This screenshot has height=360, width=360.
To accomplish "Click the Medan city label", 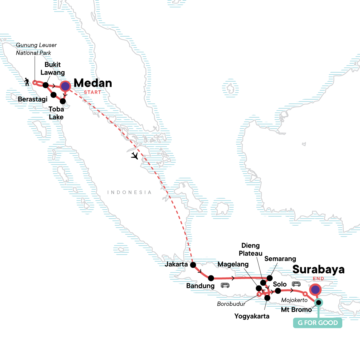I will [x=93, y=83].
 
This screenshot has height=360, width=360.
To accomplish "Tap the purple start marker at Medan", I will [x=65, y=86].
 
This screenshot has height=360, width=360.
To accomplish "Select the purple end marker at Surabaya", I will [x=315, y=290].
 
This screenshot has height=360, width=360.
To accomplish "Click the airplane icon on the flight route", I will [x=135, y=156].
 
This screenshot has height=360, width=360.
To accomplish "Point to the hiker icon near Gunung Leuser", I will [x=27, y=82].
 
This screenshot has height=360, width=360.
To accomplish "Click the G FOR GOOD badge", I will [x=317, y=323].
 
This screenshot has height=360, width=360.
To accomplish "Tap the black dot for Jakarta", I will [x=193, y=265].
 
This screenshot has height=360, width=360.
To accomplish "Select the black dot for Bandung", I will [x=211, y=278].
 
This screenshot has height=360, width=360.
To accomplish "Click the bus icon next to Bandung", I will [x=225, y=285].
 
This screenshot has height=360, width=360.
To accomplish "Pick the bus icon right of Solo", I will [x=296, y=284].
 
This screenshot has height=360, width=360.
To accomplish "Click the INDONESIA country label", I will [x=129, y=192].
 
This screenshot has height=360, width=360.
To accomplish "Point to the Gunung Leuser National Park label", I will [x=36, y=49].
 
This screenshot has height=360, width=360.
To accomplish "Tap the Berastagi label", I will [x=33, y=99].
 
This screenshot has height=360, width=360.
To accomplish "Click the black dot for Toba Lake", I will [x=63, y=101].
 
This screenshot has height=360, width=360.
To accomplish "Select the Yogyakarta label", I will [x=252, y=316].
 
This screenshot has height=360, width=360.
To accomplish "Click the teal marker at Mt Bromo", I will [x=319, y=303].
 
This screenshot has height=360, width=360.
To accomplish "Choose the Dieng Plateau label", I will [x=250, y=249].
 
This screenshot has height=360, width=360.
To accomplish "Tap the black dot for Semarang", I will [x=270, y=278].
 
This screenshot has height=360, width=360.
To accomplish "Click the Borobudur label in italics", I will [x=231, y=304].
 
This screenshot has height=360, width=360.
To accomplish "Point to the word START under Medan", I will [x=92, y=92].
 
